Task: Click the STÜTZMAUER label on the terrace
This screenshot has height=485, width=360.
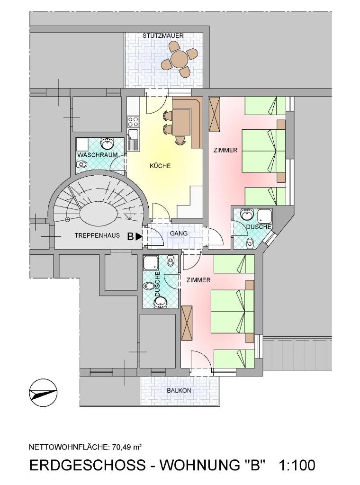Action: pyautogui.click(x=163, y=36)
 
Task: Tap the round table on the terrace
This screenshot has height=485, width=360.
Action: pyautogui.click(x=180, y=58)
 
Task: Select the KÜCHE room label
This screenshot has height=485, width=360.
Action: pyautogui.click(x=160, y=166)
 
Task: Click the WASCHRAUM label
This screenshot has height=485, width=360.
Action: pyautogui.click(x=98, y=155)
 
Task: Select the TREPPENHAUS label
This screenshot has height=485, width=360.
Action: pyautogui.click(x=97, y=235)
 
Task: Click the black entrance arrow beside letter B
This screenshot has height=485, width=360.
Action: pyautogui.click(x=139, y=237)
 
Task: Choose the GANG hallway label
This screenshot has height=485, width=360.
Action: pyautogui.click(x=179, y=234)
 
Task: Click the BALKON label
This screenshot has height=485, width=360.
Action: pyautogui.click(x=179, y=391)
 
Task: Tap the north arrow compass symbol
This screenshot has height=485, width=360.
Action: pyautogui.click(x=43, y=392)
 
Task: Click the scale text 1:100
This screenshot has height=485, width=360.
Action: pyautogui.click(x=297, y=465)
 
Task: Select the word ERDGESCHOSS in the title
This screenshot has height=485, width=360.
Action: pyautogui.click(x=87, y=465)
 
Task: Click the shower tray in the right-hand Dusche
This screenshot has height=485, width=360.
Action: pyautogui.click(x=265, y=216)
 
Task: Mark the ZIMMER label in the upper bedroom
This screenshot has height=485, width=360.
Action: pyautogui.click(x=225, y=150)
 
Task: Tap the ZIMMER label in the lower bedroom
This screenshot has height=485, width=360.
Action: pyautogui.click(x=198, y=280)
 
